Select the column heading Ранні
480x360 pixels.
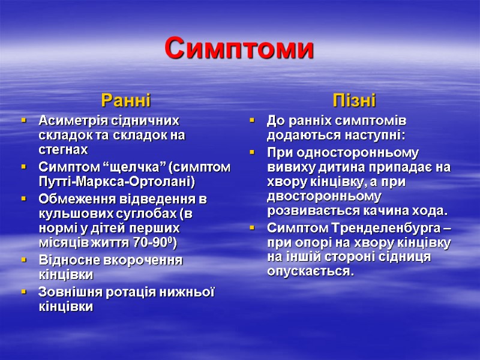[x=126, y=98]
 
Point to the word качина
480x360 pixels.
[x=380, y=211]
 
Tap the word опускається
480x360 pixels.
[x=310, y=271]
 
